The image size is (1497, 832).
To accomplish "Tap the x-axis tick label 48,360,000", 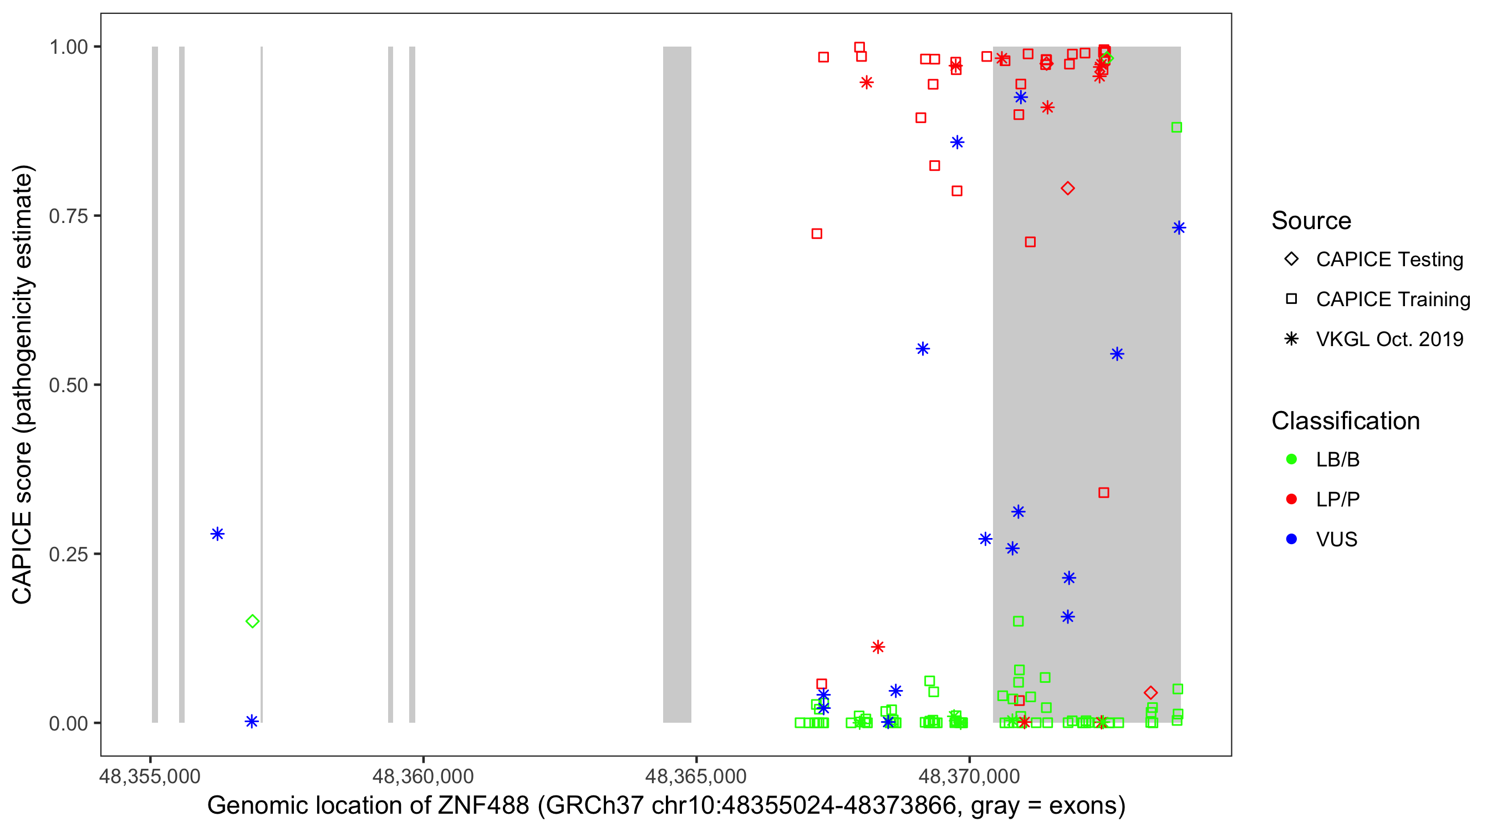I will (x=422, y=776).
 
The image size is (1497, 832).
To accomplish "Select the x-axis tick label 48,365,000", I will (x=696, y=776).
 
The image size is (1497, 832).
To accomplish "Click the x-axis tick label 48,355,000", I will (x=150, y=776).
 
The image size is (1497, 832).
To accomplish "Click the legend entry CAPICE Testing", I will (x=1389, y=260).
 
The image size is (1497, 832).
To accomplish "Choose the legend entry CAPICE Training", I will (x=1392, y=300).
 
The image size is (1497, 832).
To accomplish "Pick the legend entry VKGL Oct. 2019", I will (x=1389, y=339).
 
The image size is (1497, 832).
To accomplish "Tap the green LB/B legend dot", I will (x=1291, y=459).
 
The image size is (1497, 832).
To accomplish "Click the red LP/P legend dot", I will (x=1291, y=499).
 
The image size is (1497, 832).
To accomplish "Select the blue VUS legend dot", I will (x=1291, y=539).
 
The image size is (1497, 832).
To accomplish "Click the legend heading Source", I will (x=1311, y=221).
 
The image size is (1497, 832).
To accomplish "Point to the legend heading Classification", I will (x=1345, y=421).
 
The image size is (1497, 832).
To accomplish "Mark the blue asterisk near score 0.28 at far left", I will (x=217, y=534).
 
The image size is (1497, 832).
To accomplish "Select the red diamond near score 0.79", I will (x=1067, y=189).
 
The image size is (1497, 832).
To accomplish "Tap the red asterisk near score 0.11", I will (x=878, y=647).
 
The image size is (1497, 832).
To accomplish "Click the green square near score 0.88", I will (x=1177, y=128).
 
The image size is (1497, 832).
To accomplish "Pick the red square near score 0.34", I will (x=1103, y=493).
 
